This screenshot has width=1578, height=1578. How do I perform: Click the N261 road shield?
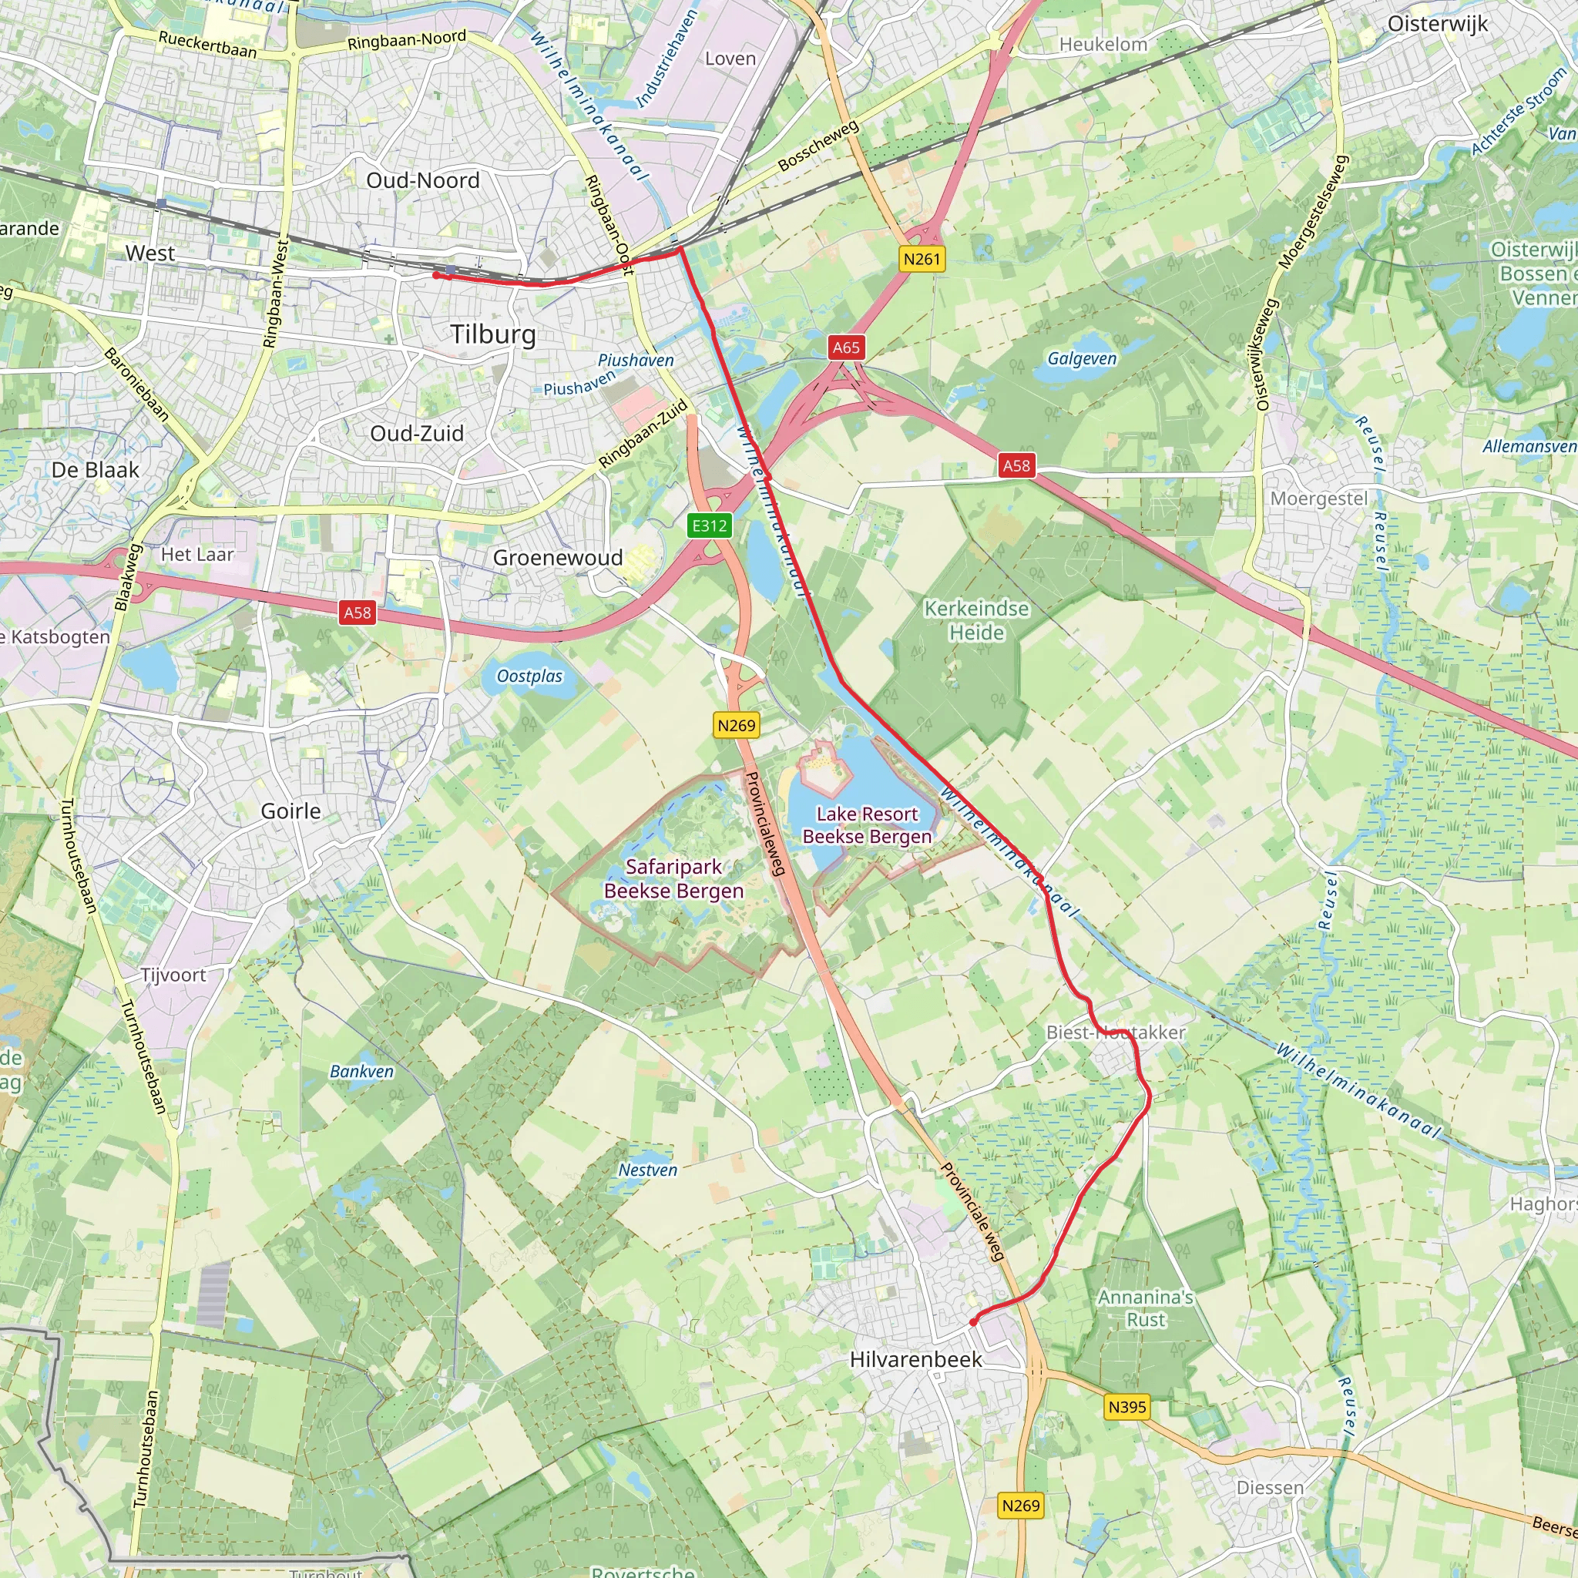tap(922, 259)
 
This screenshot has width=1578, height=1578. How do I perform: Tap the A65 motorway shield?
tap(846, 347)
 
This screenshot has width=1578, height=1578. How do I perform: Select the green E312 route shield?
tap(709, 526)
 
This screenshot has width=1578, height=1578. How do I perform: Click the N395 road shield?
tap(1127, 1406)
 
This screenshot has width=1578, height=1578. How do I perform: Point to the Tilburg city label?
tap(493, 334)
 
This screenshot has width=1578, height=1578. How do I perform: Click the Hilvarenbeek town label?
tap(915, 1359)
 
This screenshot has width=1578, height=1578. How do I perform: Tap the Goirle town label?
tap(290, 811)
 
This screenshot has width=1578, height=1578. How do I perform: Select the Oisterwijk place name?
tap(1438, 24)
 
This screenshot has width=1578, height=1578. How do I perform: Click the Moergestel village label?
tap(1318, 499)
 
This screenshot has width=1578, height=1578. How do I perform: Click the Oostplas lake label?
tap(529, 677)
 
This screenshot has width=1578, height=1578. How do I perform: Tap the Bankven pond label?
tap(361, 1072)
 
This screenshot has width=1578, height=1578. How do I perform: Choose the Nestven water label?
tap(648, 1170)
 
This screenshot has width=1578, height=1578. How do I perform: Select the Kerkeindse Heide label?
tap(976, 620)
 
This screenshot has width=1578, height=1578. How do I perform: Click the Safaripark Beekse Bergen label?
tap(674, 878)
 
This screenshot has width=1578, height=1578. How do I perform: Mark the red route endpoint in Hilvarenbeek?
tap(973, 1321)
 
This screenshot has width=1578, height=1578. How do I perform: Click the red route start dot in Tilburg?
tap(436, 275)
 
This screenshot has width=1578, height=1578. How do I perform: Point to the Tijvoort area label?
tap(173, 975)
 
